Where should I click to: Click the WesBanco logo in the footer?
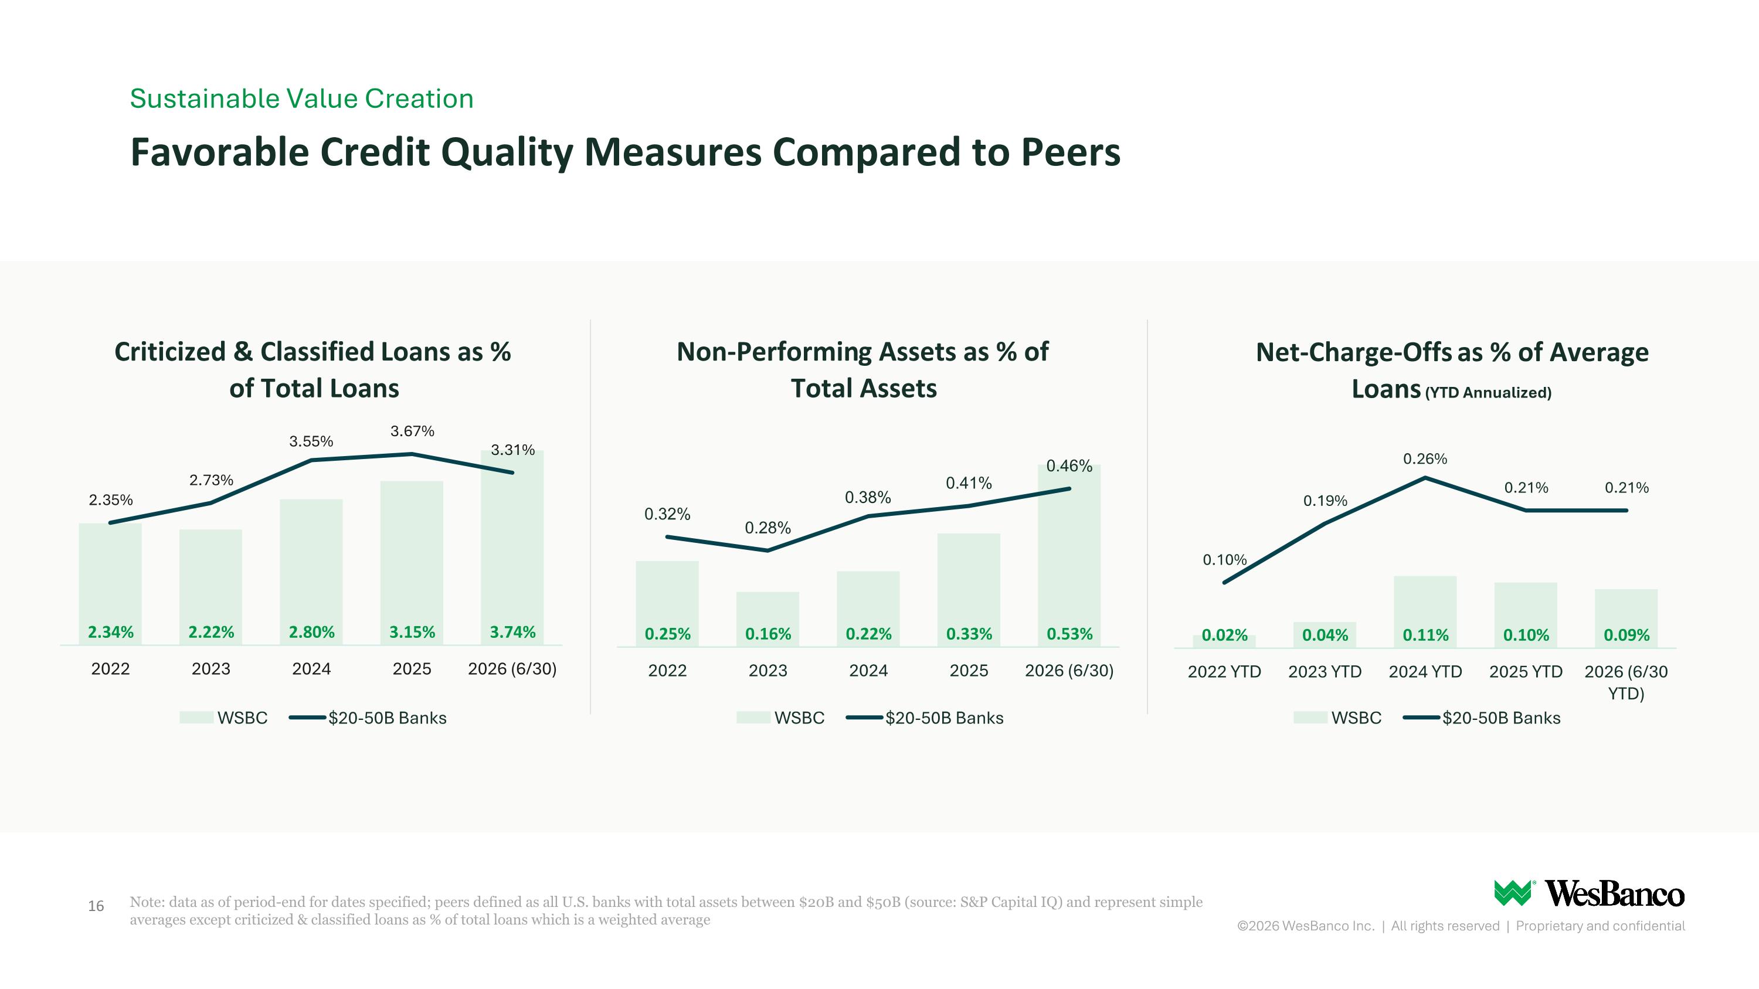[1588, 893]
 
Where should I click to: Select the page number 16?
[96, 906]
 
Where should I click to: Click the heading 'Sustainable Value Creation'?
[302, 98]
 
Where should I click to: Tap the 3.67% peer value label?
[412, 431]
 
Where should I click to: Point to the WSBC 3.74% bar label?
[513, 632]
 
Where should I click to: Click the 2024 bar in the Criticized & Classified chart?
[311, 572]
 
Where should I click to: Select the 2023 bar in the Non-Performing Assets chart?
[768, 619]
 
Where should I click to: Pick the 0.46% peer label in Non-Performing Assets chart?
[1069, 466]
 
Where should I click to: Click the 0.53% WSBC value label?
[1069, 634]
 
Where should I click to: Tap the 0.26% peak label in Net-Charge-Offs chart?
[1425, 458]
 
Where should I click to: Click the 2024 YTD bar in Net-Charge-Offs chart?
[1425, 611]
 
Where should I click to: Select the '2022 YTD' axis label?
[1224, 672]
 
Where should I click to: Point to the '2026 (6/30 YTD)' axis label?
[1626, 682]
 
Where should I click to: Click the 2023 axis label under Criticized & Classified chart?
[211, 669]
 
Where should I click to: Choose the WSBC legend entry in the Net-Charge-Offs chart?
[1337, 718]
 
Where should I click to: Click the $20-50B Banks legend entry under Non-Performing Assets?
[925, 718]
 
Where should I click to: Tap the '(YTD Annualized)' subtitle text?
[1488, 392]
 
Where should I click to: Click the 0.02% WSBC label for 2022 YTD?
[1224, 635]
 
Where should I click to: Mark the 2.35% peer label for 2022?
[111, 499]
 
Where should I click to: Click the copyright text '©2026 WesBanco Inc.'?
[1306, 926]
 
